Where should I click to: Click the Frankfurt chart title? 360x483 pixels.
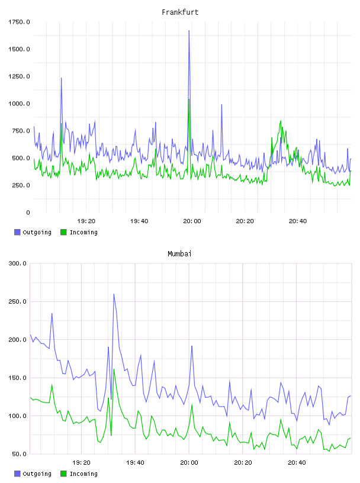point(180,12)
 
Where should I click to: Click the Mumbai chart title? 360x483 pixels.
point(179,254)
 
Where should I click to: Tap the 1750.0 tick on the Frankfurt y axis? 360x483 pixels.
point(19,22)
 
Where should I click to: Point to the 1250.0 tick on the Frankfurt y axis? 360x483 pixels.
point(19,76)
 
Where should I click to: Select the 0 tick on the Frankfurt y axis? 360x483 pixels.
point(28,212)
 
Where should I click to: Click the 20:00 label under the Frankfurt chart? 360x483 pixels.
point(192,221)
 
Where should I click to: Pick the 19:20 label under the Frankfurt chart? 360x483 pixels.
point(86,221)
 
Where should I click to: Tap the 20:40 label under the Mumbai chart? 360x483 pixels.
point(297,463)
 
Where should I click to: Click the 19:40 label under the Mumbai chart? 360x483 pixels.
point(135,463)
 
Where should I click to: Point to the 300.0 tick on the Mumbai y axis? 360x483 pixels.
point(17,263)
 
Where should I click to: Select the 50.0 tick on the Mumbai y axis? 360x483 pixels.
point(19,454)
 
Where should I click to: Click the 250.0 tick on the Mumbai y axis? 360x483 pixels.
point(17,301)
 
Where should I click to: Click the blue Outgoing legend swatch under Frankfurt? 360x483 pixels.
point(17,232)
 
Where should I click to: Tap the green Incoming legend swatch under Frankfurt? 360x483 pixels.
point(63,232)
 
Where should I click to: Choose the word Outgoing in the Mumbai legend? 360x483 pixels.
point(37,474)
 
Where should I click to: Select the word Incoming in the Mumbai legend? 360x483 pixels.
point(83,474)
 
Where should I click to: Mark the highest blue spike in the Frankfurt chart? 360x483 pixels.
point(189,31)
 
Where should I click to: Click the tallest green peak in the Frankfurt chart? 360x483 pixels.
point(189,99)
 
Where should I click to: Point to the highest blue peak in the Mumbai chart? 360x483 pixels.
point(114,294)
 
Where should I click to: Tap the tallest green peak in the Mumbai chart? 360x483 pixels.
point(114,369)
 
